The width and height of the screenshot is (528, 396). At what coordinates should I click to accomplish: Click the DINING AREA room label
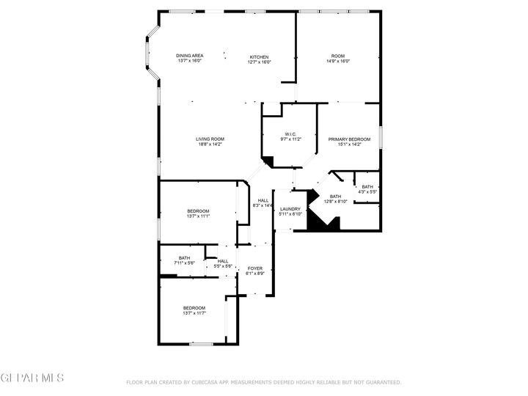(190, 56)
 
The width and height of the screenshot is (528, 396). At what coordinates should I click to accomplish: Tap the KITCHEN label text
(259, 57)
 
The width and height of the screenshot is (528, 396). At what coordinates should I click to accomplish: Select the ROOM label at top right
(337, 56)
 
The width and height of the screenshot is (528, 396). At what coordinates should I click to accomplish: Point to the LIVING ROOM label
(210, 139)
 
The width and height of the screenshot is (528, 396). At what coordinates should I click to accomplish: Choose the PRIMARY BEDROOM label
(348, 139)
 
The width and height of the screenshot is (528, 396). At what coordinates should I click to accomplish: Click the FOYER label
(254, 268)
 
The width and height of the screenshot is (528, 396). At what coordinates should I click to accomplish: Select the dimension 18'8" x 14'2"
(210, 144)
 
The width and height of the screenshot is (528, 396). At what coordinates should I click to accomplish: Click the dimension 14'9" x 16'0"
(337, 62)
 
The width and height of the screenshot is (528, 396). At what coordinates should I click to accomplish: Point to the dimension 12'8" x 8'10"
(335, 202)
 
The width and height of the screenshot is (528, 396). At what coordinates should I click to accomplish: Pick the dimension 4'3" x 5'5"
(367, 192)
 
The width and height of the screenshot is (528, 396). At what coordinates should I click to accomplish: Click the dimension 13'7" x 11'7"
(194, 313)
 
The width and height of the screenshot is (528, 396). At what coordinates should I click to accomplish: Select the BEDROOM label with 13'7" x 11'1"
(198, 211)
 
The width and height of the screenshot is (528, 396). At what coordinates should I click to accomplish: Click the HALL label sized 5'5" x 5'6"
(223, 261)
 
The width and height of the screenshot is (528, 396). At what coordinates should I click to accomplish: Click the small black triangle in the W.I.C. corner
(268, 161)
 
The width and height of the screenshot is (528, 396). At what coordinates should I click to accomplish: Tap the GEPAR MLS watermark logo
(32, 378)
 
